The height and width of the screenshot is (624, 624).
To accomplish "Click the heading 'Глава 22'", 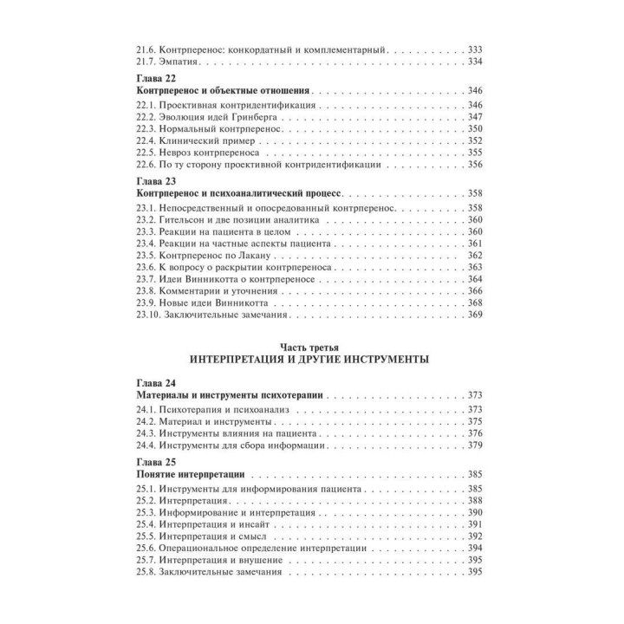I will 157,78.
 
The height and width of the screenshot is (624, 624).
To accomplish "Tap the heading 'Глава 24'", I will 157,382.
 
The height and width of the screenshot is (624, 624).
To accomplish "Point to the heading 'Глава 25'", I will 157,462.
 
